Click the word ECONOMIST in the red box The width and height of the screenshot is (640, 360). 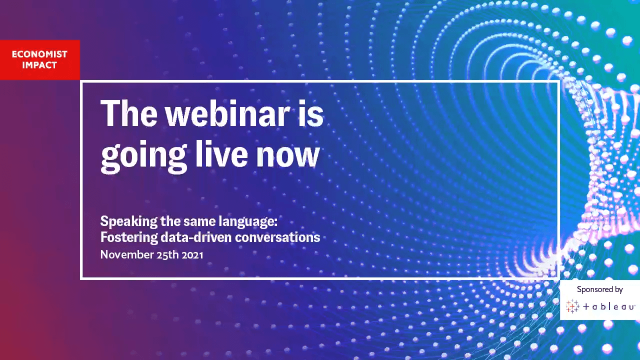tap(39, 54)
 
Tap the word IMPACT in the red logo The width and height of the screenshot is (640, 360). tap(39, 65)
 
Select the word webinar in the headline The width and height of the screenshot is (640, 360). tap(227, 113)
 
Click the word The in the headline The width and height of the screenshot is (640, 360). tap(129, 113)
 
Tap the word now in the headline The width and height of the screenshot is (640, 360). tap(287, 157)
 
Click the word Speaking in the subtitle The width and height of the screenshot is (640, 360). tap(129, 222)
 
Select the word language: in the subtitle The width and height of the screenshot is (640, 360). tap(248, 222)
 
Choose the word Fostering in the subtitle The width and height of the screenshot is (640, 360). tap(129, 237)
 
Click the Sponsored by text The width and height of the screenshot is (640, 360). tap(599, 289)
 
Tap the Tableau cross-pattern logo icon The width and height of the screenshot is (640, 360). tap(572, 306)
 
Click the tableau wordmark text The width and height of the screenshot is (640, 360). tap(608, 306)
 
